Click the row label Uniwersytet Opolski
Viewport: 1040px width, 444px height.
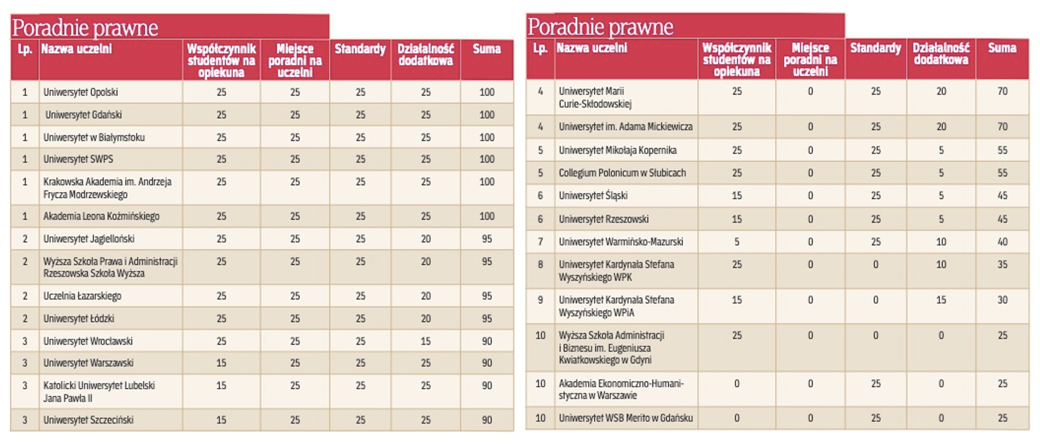click(81, 92)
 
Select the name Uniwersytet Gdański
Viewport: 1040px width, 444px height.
click(83, 115)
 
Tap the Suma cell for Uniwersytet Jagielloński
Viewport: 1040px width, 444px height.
click(486, 239)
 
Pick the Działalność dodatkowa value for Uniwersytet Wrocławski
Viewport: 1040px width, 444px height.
click(426, 341)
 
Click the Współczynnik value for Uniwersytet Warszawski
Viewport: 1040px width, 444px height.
click(221, 363)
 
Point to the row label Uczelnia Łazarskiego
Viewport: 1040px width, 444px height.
click(82, 296)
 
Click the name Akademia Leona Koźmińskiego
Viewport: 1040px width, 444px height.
click(101, 217)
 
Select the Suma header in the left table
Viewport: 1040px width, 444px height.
click(486, 49)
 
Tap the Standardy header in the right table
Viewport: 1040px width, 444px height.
click(875, 48)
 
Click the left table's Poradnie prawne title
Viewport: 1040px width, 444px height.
click(85, 28)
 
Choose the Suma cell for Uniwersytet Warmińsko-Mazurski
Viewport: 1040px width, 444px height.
click(1002, 242)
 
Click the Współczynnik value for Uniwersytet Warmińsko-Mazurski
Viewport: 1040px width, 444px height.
click(737, 242)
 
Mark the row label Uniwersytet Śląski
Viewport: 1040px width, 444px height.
click(593, 195)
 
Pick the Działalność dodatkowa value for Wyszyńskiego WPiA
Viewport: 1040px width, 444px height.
click(941, 300)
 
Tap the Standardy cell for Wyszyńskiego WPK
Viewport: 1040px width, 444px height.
click(875, 265)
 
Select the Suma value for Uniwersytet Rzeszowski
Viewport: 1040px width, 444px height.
click(1002, 219)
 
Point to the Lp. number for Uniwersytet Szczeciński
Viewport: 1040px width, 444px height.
click(24, 420)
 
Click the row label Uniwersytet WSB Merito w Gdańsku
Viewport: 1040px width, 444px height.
click(626, 418)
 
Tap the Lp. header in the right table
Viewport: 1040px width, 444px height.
click(540, 48)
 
